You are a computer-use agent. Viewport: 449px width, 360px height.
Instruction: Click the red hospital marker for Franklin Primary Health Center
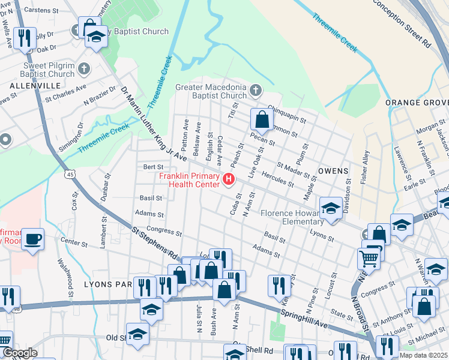(x=228, y=179)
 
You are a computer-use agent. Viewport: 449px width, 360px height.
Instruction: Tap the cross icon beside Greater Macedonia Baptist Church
(x=256, y=91)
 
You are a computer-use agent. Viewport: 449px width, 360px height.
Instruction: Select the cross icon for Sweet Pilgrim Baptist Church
(x=83, y=69)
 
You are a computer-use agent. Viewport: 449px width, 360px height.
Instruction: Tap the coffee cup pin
(x=32, y=239)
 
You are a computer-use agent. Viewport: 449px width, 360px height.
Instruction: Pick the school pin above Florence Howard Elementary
(x=330, y=208)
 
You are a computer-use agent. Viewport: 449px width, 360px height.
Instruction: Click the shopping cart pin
(x=368, y=259)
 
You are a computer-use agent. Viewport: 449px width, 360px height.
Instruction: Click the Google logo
(x=19, y=353)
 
